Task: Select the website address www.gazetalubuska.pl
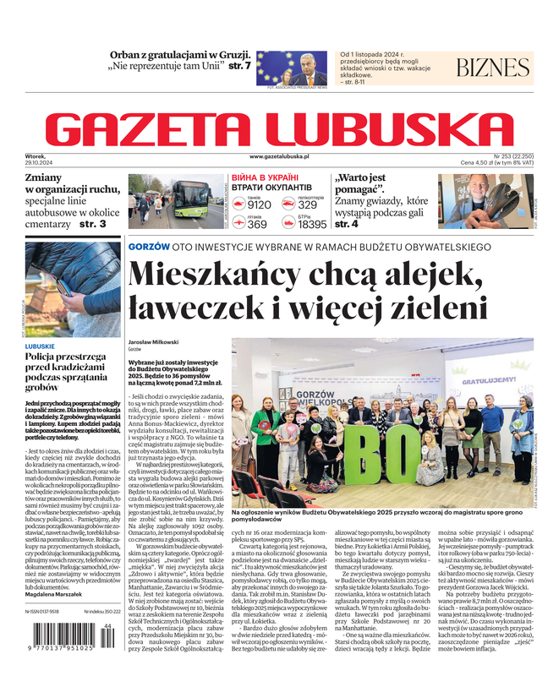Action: coord(279,157)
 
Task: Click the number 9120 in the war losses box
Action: coord(260,204)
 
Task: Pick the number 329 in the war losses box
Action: coord(308,204)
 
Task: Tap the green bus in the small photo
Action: coord(191,201)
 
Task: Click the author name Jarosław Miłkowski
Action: coord(153,341)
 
